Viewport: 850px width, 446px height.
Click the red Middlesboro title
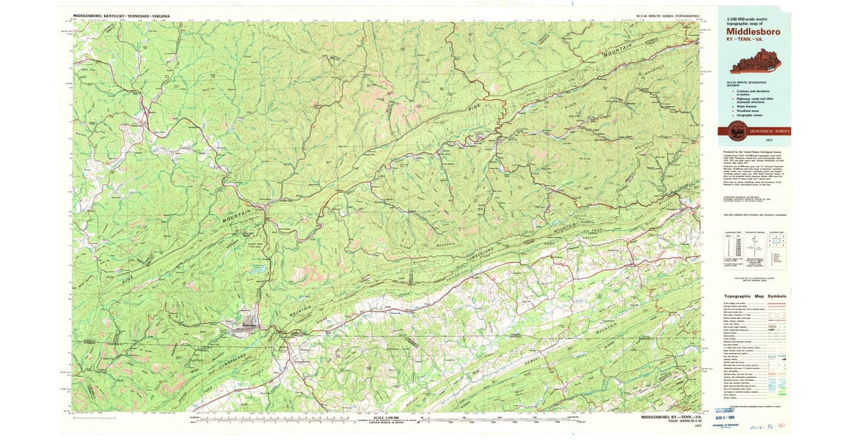pyautogui.click(x=753, y=31)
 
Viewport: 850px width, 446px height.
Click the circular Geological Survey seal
pyautogui.click(x=737, y=131)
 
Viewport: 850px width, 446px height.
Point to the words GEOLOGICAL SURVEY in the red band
pyautogui.click(x=764, y=132)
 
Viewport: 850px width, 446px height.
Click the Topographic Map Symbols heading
pyautogui.click(x=754, y=296)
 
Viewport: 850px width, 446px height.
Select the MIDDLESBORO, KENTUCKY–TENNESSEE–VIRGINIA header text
pyautogui.click(x=121, y=15)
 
